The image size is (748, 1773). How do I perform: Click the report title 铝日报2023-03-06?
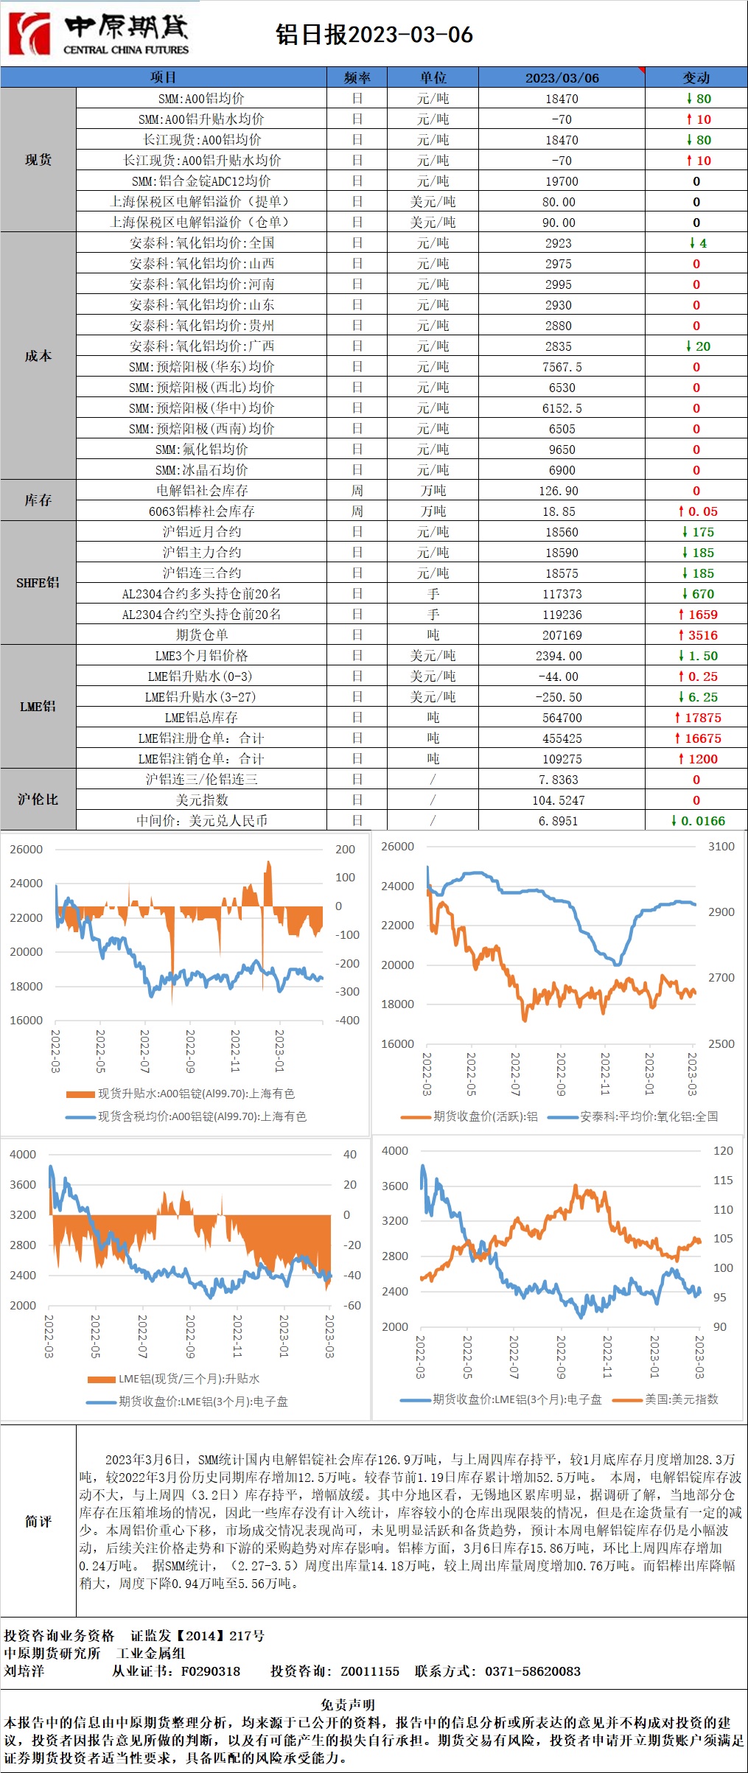coord(374,35)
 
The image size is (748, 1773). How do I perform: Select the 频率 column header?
coord(357,77)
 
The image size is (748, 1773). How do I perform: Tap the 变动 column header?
coord(696,77)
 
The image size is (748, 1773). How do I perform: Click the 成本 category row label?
coord(38,356)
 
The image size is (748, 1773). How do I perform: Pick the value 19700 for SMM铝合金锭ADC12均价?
coord(562,181)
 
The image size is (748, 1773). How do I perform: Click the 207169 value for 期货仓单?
coord(562,635)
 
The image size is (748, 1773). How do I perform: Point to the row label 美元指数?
coord(201,800)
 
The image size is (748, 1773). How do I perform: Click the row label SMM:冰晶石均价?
coord(201,470)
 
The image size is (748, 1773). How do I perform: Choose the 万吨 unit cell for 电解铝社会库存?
coord(433,491)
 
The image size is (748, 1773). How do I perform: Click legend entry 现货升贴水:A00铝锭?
coord(195,1094)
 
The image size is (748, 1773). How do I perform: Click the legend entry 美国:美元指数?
coord(680,1399)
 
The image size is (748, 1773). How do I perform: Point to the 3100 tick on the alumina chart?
coord(721,847)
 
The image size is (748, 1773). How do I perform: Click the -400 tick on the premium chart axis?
coord(347,1021)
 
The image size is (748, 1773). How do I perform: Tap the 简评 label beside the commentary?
coord(38,1521)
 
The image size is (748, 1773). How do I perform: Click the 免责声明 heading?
coord(348,1704)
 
